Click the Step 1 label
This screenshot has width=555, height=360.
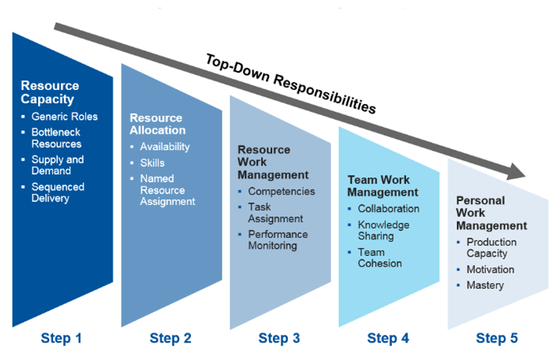click(x=61, y=338)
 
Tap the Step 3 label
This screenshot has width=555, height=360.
click(x=279, y=338)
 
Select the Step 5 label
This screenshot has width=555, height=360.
click(x=497, y=338)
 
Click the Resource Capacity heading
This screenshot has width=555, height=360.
click(x=50, y=92)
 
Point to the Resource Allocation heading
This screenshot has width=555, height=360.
click(x=157, y=124)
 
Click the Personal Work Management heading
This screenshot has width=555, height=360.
click(x=491, y=213)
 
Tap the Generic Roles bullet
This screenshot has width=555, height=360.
click(x=65, y=117)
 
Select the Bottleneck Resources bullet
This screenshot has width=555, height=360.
click(x=57, y=138)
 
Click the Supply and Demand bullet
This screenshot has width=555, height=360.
click(x=58, y=165)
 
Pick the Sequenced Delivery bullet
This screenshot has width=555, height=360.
click(x=58, y=193)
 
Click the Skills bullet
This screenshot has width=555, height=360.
click(x=152, y=163)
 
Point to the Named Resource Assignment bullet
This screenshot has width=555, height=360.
click(x=167, y=190)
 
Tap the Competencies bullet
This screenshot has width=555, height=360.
click(x=281, y=191)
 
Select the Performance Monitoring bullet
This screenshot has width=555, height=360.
click(x=277, y=240)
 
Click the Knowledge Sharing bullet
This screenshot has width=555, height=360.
click(x=384, y=230)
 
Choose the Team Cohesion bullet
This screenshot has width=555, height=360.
click(x=380, y=258)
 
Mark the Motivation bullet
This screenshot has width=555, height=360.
click(x=490, y=270)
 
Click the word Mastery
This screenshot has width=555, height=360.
click(x=484, y=285)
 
